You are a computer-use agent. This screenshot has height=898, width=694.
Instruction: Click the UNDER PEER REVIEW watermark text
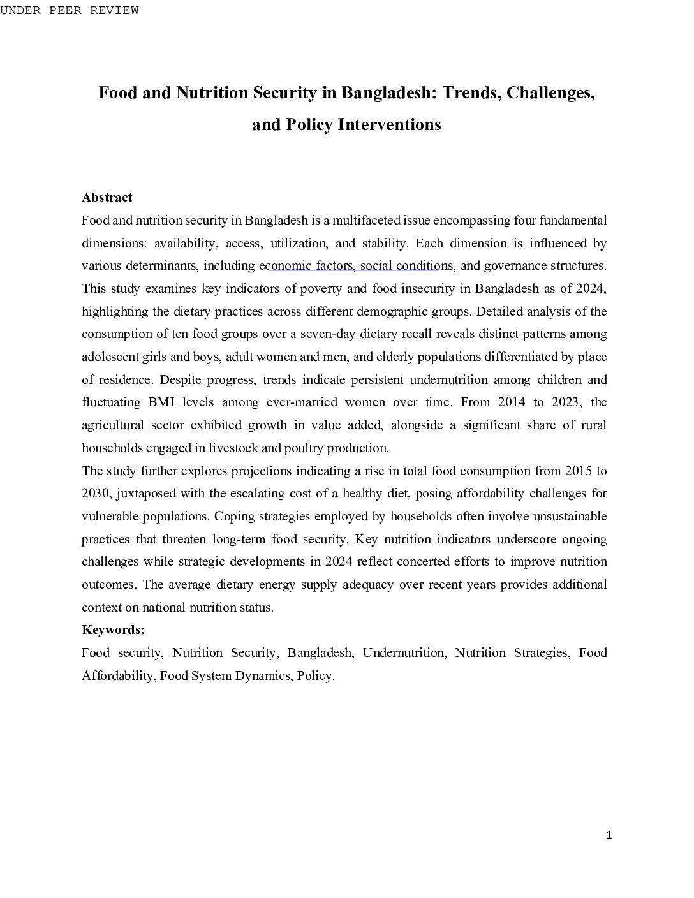pyautogui.click(x=69, y=10)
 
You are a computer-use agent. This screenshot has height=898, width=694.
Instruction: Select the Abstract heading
pyautogui.click(x=107, y=198)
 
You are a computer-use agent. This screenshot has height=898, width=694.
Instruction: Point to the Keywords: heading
pyautogui.click(x=113, y=630)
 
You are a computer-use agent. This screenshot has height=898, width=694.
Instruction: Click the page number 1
pyautogui.click(x=609, y=835)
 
